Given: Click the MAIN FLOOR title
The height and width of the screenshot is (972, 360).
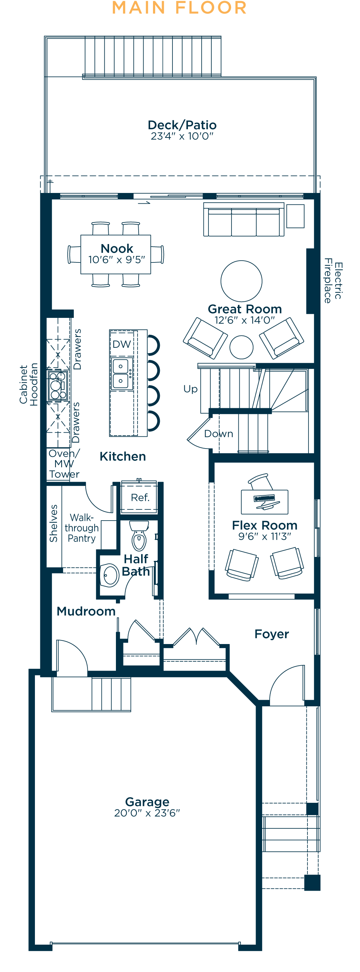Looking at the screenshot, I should tap(180, 8).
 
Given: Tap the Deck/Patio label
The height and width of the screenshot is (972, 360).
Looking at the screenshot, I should tap(182, 125).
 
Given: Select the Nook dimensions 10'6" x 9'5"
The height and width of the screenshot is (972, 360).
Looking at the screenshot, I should tap(117, 260).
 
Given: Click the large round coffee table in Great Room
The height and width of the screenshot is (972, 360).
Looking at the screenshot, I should tap(241, 281).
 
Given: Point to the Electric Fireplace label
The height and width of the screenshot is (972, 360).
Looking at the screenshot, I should tap(333, 281).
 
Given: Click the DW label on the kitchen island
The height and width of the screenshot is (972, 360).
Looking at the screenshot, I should tap(122, 344).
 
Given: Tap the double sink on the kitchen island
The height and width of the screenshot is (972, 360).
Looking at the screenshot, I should tap(121, 374).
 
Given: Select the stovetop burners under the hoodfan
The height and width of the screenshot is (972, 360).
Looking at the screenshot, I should tap(57, 385).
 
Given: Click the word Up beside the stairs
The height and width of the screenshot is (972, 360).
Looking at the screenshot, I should tap(190, 389).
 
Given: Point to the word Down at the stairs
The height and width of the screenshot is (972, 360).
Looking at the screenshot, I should tap(219, 434).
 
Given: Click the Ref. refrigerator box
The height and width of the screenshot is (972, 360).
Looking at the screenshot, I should tap(140, 498).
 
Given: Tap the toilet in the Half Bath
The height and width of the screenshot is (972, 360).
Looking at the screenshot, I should tap(139, 536).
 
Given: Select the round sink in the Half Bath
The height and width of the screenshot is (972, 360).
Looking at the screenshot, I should tap(111, 575).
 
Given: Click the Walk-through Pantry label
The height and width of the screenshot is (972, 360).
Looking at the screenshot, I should tap(81, 528).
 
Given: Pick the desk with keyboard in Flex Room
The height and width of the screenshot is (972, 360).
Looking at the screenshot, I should tap(265, 502).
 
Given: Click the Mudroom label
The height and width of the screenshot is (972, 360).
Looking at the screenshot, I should tap(86, 611).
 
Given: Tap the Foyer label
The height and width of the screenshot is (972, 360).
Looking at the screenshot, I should tap(272, 634).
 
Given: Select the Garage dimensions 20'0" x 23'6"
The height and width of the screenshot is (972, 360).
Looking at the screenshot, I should tap(147, 813).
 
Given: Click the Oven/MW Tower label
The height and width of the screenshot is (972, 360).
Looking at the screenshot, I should tap(64, 464).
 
